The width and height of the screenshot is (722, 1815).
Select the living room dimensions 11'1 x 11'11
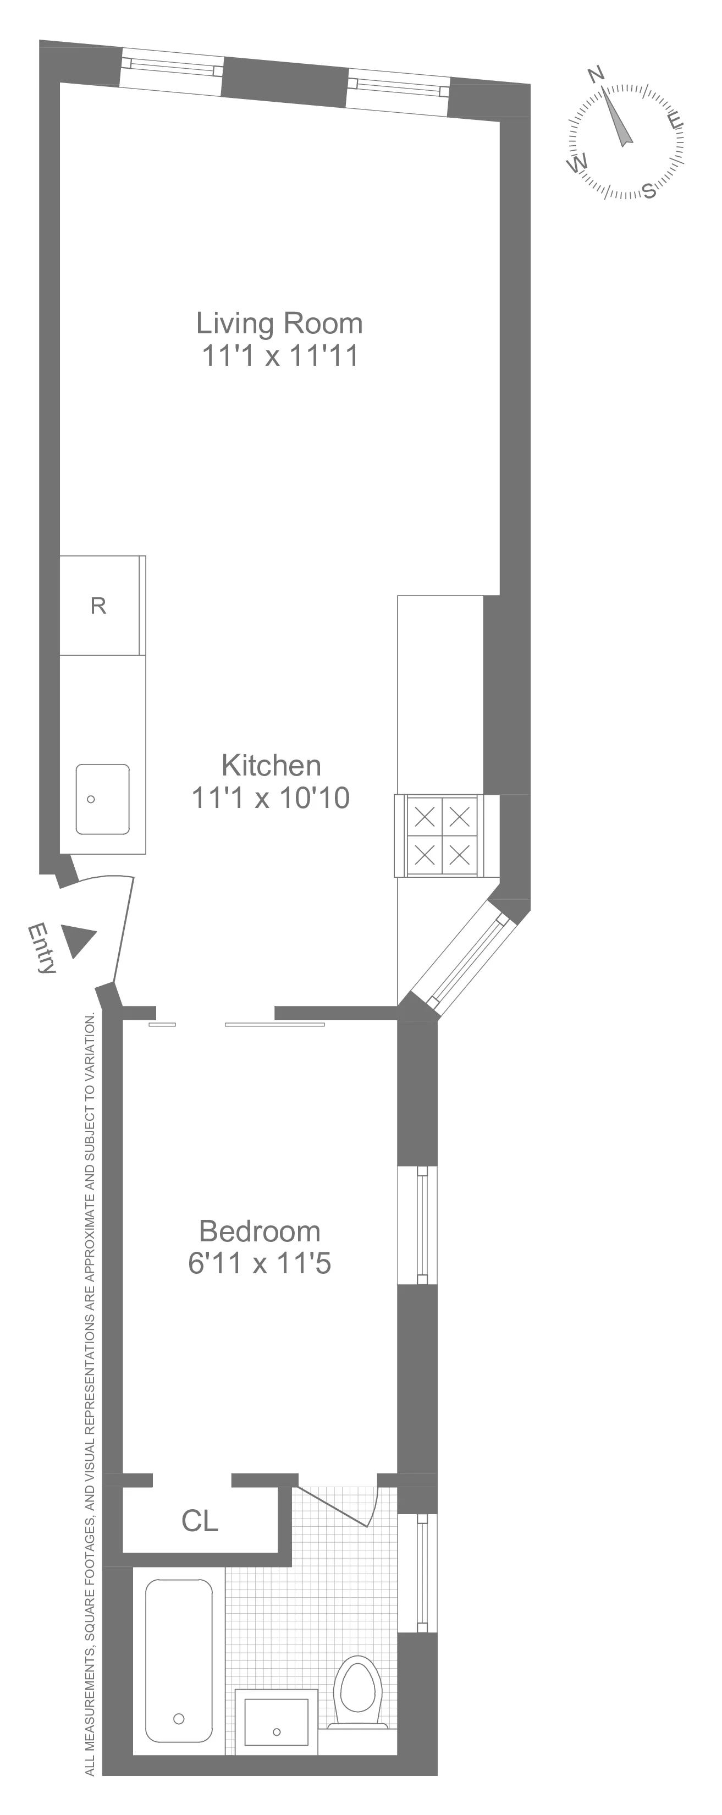280,356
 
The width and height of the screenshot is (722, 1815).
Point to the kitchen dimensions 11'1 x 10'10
271,798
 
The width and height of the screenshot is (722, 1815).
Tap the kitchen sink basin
103,799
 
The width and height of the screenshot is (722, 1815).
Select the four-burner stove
442,835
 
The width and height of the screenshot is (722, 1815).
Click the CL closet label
200,1522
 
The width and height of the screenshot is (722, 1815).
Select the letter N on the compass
597,73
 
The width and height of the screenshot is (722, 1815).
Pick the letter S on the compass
649,190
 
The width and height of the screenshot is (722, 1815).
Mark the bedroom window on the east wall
421,1225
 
